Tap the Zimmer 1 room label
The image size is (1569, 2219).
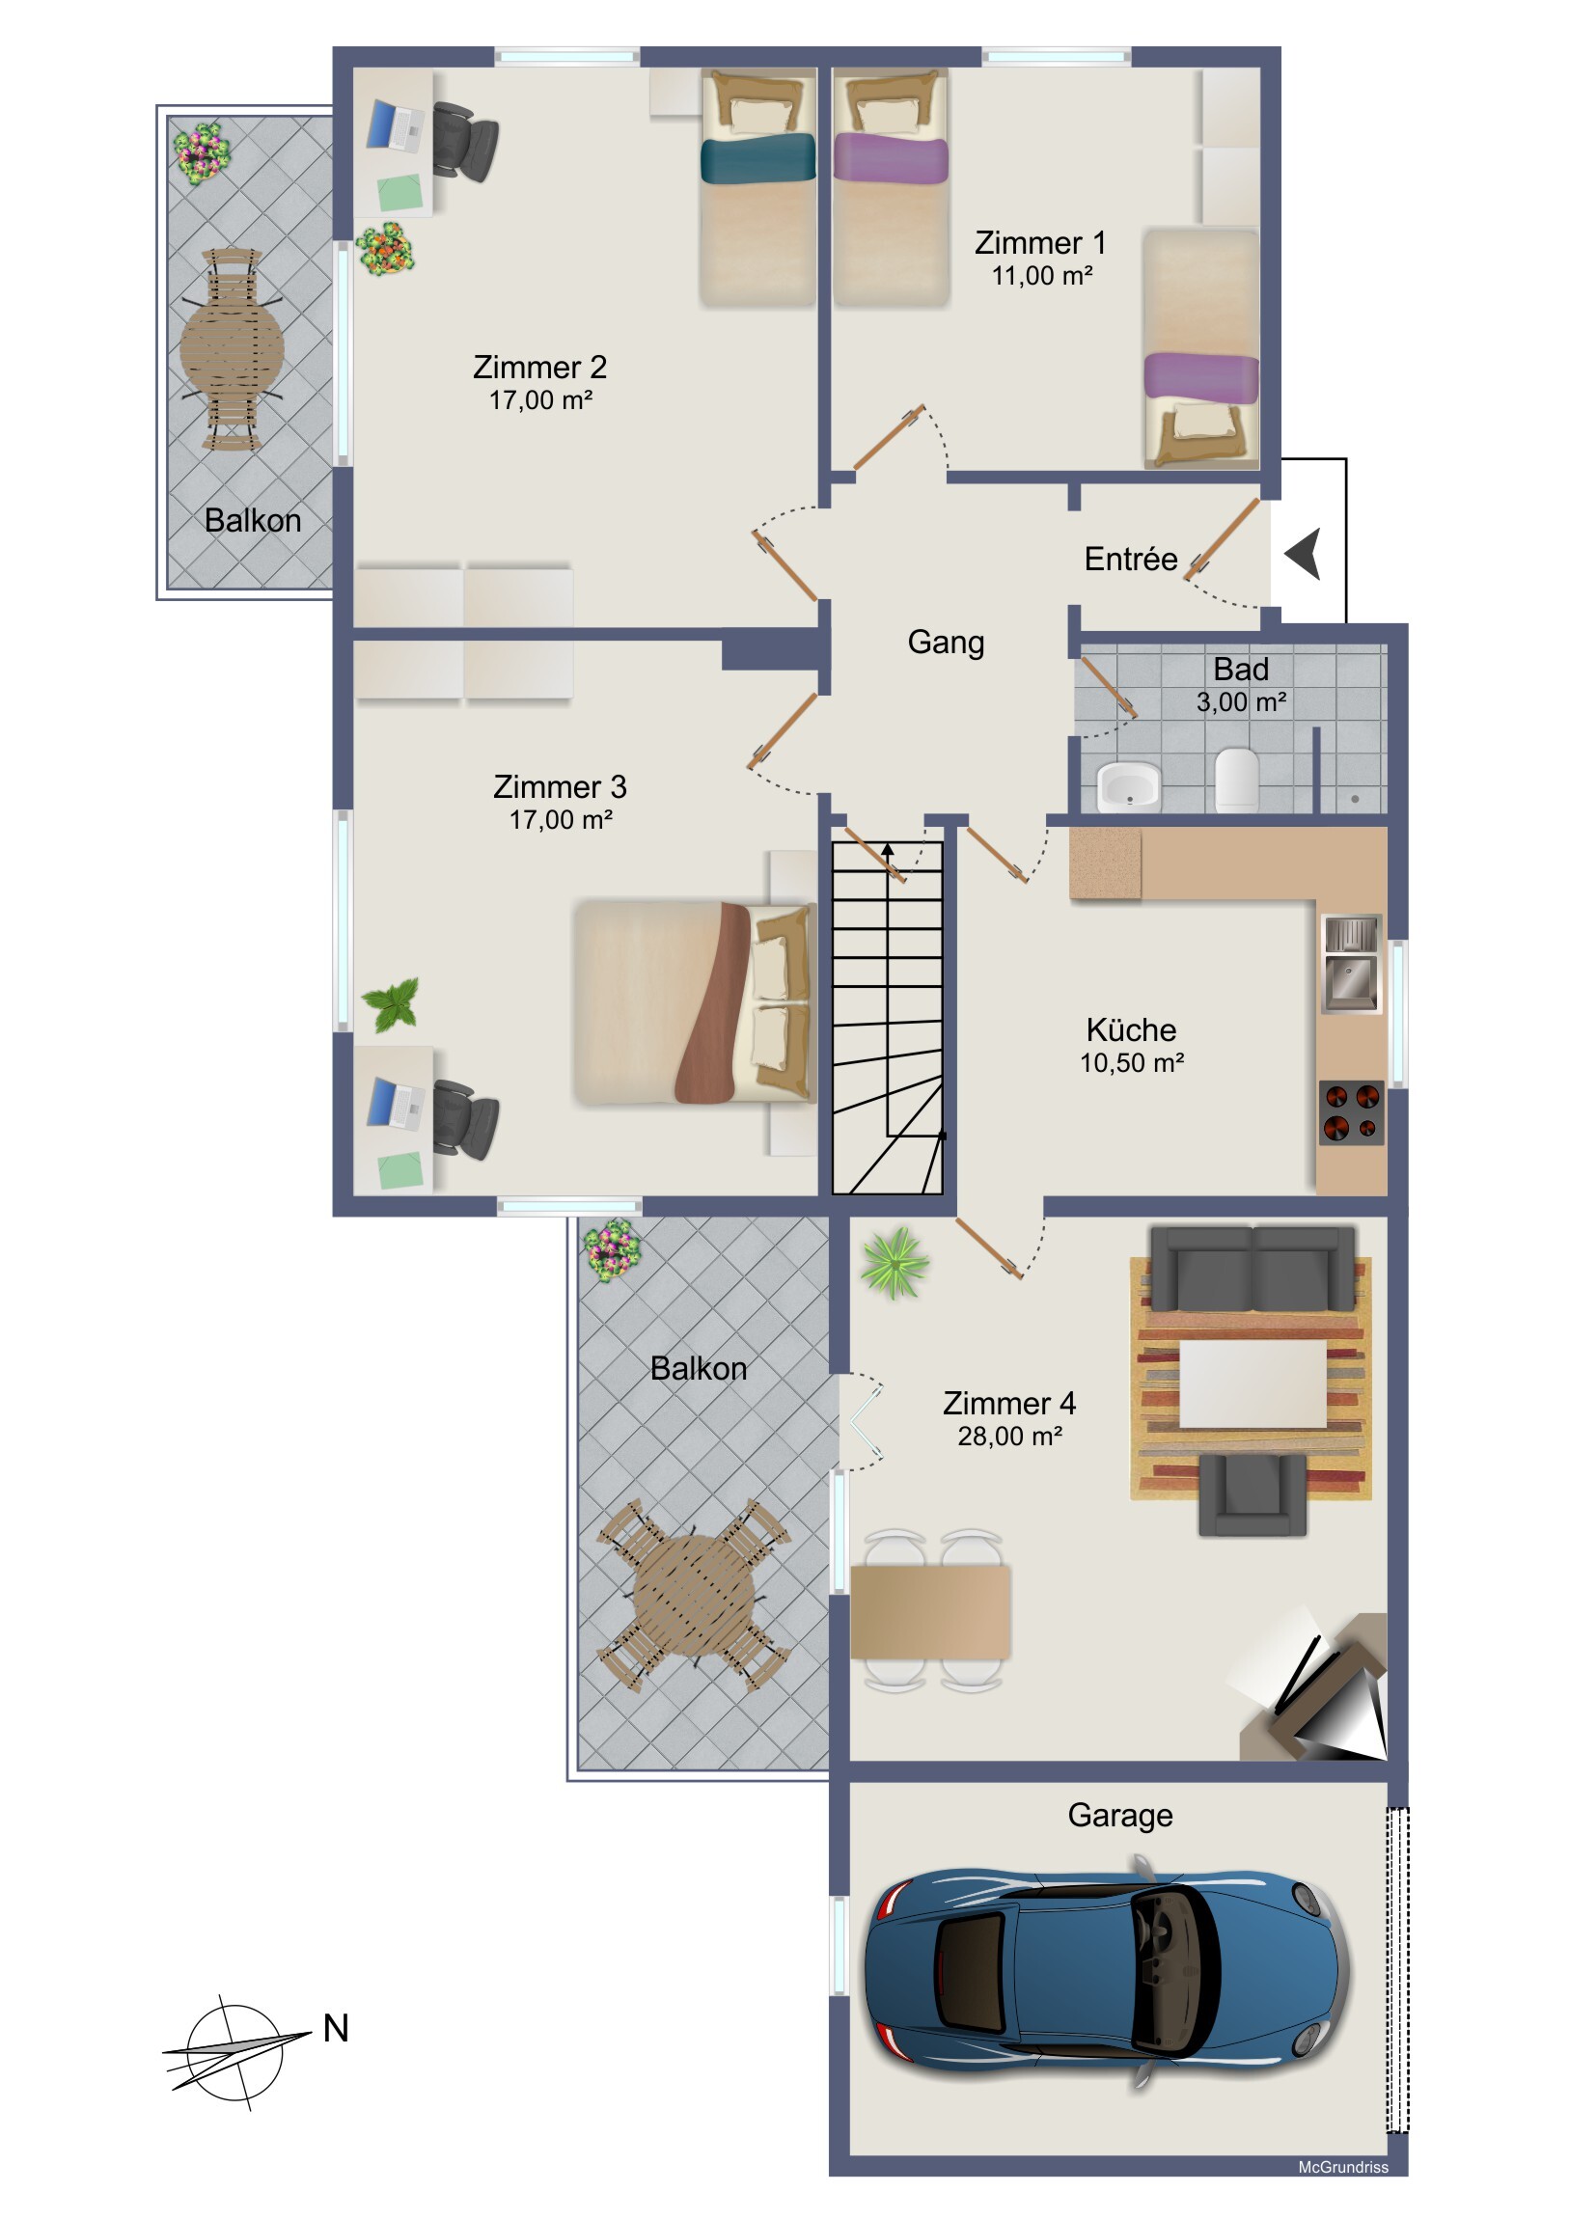[x=1040, y=242]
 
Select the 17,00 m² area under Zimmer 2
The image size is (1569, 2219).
[x=540, y=400]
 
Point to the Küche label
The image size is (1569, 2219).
[x=1131, y=1029]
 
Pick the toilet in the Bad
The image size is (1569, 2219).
[x=1236, y=778]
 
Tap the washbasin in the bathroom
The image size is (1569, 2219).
[x=1128, y=784]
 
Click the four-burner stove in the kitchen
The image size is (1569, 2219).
[x=1352, y=1112]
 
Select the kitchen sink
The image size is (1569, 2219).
[x=1352, y=964]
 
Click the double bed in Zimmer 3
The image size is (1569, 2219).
[x=694, y=1002]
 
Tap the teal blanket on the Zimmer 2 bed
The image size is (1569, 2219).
[x=757, y=159]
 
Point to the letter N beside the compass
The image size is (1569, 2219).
[x=336, y=2028]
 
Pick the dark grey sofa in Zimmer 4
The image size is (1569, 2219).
[x=1252, y=1268]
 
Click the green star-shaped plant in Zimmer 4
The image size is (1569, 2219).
[x=895, y=1261]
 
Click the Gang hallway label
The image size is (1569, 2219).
[x=946, y=643]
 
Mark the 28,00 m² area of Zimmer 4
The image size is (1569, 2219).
[x=1010, y=1437]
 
